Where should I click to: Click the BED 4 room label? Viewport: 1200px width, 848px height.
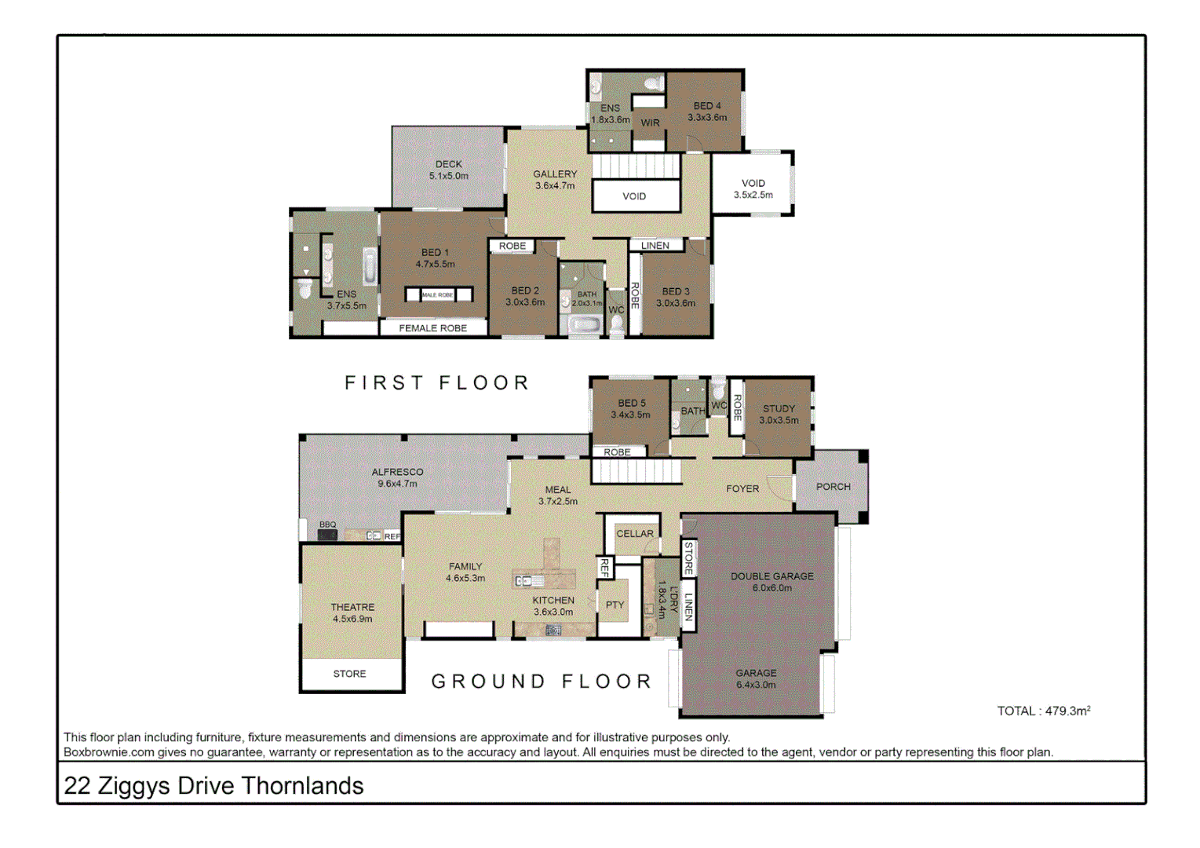(706, 111)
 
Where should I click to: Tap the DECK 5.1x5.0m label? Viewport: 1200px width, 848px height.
(448, 170)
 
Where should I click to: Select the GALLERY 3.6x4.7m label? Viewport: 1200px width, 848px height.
(555, 180)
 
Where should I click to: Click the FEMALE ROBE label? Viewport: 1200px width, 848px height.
(432, 328)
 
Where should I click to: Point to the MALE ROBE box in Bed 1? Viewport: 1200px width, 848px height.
(438, 294)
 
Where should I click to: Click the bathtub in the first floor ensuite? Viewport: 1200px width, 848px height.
(370, 266)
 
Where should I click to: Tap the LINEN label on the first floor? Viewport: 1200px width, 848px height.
(655, 246)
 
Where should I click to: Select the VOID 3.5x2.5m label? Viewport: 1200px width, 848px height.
(753, 189)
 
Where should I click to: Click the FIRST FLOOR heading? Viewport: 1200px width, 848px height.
(437, 383)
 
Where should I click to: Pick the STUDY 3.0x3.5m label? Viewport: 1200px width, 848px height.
(779, 415)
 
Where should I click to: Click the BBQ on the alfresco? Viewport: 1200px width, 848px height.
(327, 535)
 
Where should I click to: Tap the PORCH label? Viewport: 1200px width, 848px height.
(833, 487)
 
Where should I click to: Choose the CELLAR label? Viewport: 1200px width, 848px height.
(634, 534)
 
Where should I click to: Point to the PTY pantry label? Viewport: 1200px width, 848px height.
(615, 605)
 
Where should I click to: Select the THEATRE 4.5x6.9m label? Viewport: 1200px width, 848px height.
(352, 613)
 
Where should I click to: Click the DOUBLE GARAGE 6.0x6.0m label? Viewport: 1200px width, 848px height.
(771, 582)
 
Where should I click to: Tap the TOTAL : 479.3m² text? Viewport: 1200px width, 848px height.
(1043, 711)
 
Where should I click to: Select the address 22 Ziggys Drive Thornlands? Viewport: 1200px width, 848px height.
(213, 786)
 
